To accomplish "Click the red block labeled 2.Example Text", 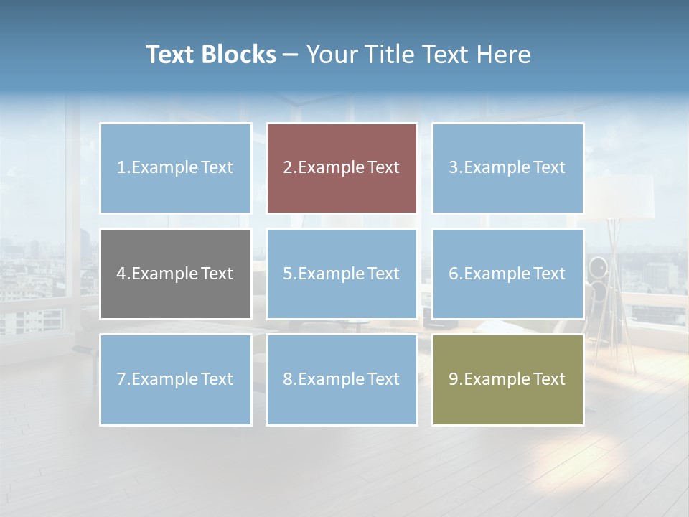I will click(342, 168).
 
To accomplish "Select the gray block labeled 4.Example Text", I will click(176, 274).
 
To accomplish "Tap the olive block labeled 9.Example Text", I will click(507, 379).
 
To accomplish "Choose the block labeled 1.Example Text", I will click(176, 168).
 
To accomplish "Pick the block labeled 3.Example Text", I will click(507, 168).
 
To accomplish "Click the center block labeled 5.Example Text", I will click(342, 274).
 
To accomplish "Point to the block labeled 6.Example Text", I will click(507, 274).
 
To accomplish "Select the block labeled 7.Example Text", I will click(176, 379).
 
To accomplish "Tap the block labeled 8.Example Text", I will click(342, 379).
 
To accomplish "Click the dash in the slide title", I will click(291, 55).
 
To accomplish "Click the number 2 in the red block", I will click(287, 168).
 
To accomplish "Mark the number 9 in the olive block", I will click(453, 379).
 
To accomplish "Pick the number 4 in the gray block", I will click(121, 274).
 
